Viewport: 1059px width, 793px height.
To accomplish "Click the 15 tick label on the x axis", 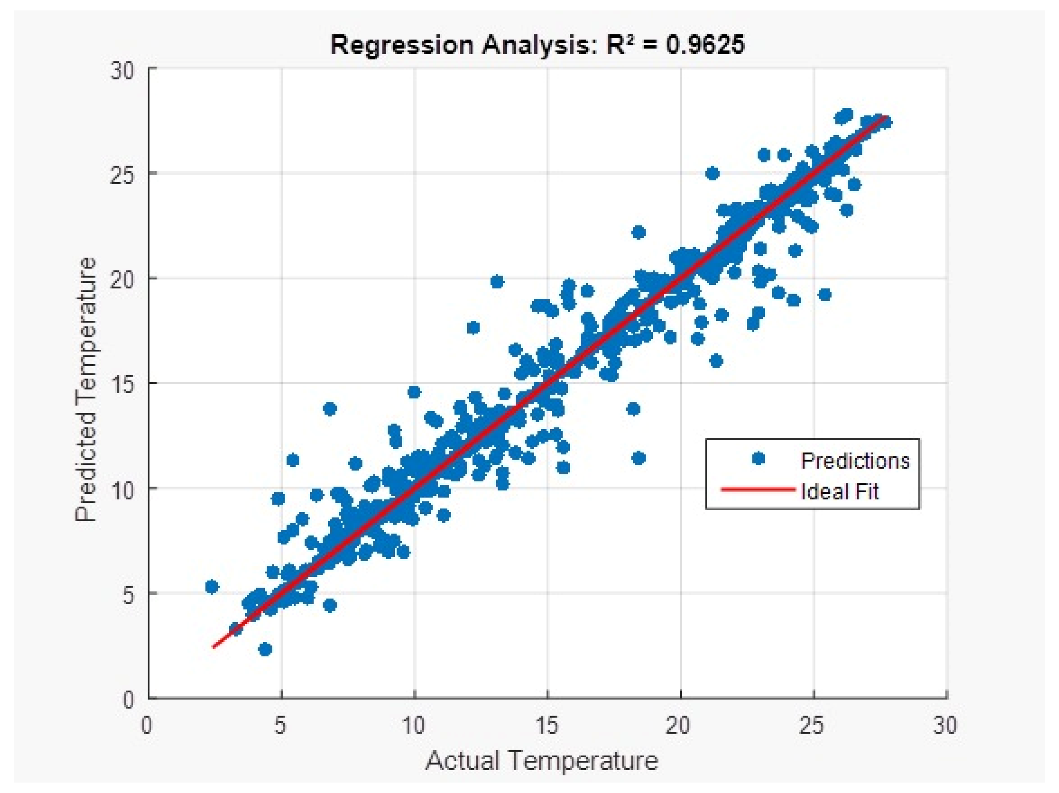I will (x=546, y=726).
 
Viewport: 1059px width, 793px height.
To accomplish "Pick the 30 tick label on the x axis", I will (x=945, y=726).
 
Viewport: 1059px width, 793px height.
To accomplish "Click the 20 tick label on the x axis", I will (x=679, y=726).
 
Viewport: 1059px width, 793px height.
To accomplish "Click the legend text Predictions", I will (x=855, y=460).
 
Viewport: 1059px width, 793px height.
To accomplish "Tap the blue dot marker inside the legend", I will (x=758, y=459).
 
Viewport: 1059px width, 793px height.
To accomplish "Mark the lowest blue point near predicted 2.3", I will (x=265, y=649).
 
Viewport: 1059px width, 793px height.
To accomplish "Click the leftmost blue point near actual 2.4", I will (x=211, y=587).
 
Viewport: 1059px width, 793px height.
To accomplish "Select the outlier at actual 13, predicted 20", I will (x=497, y=282).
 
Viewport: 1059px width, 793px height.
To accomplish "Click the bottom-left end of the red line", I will (x=213, y=647).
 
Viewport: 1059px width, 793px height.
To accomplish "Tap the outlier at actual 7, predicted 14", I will (x=330, y=409).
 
